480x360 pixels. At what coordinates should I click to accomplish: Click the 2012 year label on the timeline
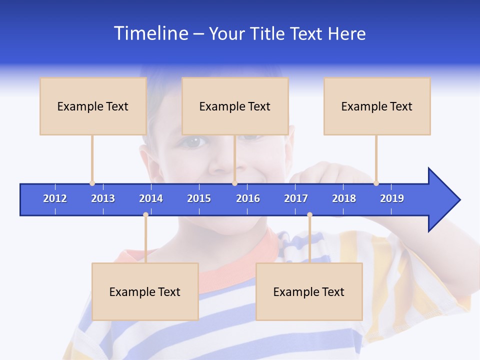(x=55, y=198)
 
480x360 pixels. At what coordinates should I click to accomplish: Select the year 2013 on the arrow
(x=103, y=198)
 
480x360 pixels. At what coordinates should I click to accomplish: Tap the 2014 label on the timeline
(x=151, y=198)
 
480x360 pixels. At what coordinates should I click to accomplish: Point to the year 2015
(x=199, y=198)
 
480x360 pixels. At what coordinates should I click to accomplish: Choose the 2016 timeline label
(x=248, y=198)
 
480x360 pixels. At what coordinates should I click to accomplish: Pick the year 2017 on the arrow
(x=296, y=198)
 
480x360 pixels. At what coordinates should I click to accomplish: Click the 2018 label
(x=344, y=198)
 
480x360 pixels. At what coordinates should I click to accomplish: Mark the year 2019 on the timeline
(x=392, y=198)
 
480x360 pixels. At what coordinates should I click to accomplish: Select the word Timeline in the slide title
(x=149, y=33)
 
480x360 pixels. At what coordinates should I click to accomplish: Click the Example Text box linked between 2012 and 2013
(x=93, y=106)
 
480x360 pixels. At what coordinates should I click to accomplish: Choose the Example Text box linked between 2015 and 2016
(x=235, y=106)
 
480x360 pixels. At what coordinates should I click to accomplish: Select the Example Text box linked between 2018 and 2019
(x=377, y=106)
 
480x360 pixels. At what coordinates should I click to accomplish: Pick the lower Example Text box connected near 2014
(x=145, y=291)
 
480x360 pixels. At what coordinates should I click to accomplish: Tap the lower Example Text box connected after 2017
(x=309, y=291)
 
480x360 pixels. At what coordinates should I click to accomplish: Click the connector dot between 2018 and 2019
(x=376, y=183)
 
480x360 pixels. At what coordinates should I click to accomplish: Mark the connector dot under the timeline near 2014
(x=145, y=215)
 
